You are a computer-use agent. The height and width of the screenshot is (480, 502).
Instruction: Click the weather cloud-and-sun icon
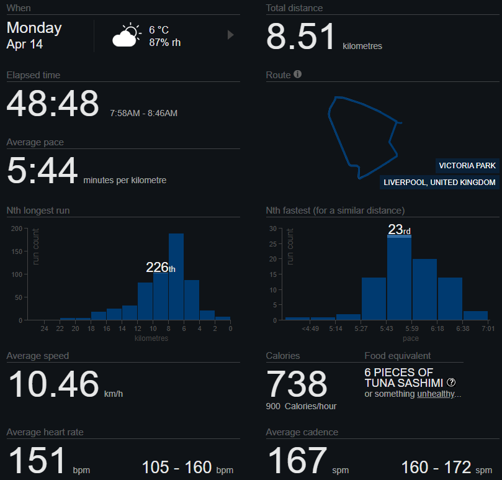[126, 36]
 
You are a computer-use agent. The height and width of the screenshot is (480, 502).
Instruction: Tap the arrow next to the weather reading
[231, 35]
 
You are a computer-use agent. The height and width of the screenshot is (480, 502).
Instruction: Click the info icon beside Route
[298, 75]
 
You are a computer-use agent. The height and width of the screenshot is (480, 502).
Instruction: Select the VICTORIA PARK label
[467, 166]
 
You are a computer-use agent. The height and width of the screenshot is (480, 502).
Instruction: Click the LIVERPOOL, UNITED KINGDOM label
[439, 183]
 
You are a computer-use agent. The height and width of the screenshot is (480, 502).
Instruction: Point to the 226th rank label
[160, 268]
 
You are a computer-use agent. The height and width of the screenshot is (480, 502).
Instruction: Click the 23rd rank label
[399, 230]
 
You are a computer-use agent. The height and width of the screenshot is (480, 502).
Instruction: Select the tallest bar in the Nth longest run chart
[176, 276]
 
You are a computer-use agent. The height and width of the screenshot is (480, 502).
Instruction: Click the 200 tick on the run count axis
[17, 229]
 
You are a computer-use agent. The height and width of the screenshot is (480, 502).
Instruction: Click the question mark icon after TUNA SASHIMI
[451, 383]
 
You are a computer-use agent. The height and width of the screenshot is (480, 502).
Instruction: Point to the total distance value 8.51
[301, 37]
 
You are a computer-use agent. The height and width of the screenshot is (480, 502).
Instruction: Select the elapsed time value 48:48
[53, 104]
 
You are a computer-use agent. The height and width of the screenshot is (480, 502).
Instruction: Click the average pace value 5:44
[42, 171]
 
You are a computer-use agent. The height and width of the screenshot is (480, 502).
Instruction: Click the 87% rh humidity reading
[165, 42]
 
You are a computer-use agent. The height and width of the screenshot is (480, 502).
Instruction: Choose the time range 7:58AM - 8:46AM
[143, 113]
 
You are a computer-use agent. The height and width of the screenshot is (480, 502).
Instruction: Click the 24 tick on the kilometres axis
[44, 329]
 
